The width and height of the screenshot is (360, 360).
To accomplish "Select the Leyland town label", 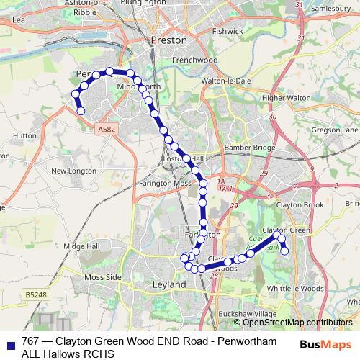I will tap(169, 284).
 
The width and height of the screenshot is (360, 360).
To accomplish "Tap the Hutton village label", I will tap(24, 135).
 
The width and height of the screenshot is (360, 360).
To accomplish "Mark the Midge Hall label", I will tap(81, 246).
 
